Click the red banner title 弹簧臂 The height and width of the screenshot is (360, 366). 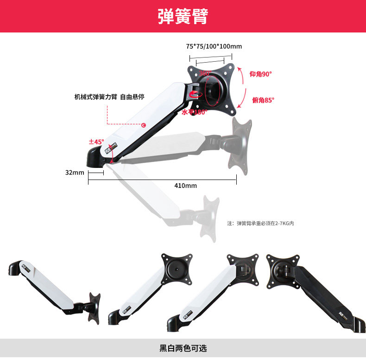tap(183, 17)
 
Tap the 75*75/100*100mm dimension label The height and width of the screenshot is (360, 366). tap(214, 46)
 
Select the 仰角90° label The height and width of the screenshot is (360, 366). tap(261, 74)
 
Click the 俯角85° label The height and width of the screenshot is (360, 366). tap(263, 100)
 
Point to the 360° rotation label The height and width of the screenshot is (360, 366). tap(205, 73)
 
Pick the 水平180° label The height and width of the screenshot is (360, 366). tap(195, 112)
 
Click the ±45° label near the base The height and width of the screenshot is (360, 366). tap(96, 141)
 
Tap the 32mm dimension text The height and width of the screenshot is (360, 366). tap(74, 173)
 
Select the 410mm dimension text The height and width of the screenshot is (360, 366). tap(185, 186)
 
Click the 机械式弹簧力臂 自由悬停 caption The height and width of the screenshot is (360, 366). tap(109, 97)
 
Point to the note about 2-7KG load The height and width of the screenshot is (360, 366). tap(260, 223)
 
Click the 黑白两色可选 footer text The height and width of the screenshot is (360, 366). tap(183, 348)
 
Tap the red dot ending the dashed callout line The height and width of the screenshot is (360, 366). tap(144, 124)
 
